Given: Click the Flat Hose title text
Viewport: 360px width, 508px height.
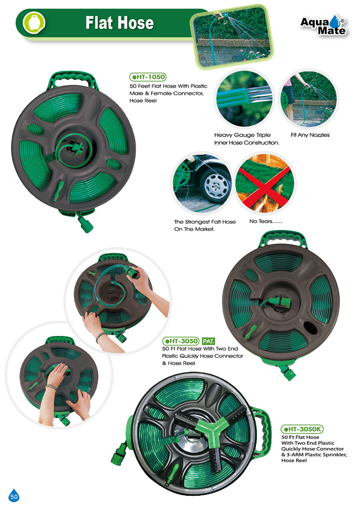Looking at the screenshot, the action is [x=119, y=23].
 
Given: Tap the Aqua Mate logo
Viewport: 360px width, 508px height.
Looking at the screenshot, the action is [x=323, y=26].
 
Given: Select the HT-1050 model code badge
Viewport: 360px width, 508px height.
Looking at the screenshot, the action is [x=148, y=77].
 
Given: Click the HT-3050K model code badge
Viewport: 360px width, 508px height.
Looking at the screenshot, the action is [x=302, y=429].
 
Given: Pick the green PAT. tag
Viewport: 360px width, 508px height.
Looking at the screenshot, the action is [x=208, y=341].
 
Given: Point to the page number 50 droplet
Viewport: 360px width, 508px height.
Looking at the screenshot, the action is [x=13, y=495].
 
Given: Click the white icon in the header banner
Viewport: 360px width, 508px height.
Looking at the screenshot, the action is [x=33, y=22].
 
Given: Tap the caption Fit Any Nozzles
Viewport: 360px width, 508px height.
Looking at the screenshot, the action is [x=310, y=135].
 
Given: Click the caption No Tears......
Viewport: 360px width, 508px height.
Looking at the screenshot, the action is [x=265, y=221].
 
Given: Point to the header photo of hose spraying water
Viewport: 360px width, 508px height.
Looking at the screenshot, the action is [x=232, y=37].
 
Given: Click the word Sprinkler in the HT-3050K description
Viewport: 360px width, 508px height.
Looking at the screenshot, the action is [x=335, y=455].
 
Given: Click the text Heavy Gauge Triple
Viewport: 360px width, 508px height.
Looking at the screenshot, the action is [x=242, y=135].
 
